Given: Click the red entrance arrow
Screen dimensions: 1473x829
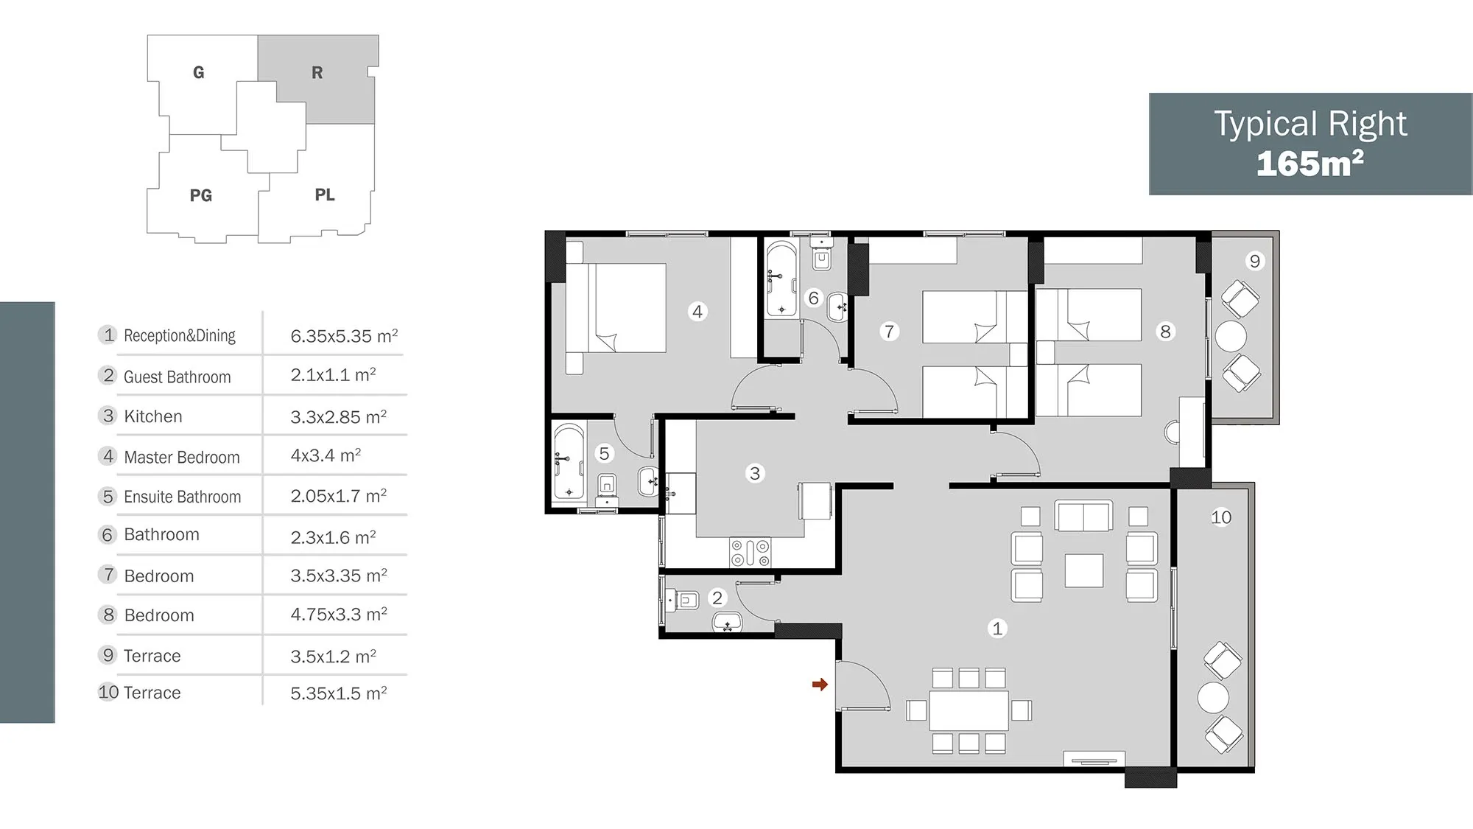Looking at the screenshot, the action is point(820,685).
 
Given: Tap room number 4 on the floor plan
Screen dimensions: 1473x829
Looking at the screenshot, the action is point(697,312).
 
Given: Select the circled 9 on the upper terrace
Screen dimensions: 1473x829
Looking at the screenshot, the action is point(1255,261).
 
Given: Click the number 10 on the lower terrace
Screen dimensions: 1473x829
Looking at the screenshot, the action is point(1221,517).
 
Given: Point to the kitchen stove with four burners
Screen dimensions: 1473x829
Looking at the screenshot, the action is point(750,553).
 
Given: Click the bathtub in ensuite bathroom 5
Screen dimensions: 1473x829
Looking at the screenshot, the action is point(569,462).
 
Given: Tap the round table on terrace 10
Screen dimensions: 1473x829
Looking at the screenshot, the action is point(1213,697).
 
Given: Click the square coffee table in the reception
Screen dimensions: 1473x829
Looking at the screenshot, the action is point(1083,571).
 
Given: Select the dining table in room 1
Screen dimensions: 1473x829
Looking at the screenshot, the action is point(968,710).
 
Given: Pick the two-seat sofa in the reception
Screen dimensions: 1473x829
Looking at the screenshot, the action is point(1083,516).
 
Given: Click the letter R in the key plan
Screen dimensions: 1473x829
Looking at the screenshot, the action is point(317,73).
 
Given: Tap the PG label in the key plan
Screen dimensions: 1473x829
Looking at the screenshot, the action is point(201,195).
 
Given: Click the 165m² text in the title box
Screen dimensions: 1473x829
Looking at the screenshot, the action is point(1310,164).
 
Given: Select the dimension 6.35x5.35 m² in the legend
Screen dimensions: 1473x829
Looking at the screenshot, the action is point(344,336).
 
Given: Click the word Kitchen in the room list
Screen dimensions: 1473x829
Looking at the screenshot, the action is point(153,416).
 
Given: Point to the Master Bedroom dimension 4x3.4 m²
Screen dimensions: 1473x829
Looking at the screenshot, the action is point(326,455).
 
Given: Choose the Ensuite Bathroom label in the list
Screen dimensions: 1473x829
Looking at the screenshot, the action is point(183,497).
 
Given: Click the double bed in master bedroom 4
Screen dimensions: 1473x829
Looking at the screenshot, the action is point(616,308).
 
